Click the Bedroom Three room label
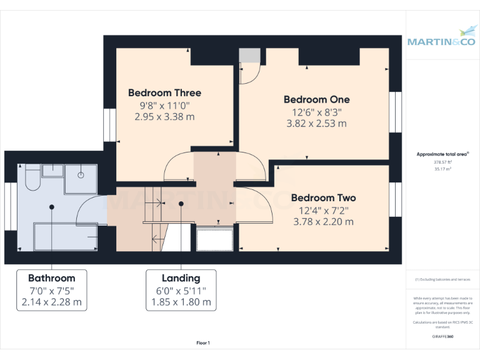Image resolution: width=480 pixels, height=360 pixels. point(164,93)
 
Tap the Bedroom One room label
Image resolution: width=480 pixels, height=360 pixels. point(316,99)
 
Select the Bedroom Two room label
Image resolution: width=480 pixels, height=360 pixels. point(323,198)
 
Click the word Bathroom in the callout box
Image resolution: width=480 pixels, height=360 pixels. point(51,278)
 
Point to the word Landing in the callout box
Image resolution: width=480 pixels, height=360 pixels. point(181,278)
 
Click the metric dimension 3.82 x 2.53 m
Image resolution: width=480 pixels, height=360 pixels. point(316,123)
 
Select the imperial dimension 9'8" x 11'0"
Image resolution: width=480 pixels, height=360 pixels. point(164,105)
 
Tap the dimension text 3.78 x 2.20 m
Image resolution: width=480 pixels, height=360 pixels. point(323,221)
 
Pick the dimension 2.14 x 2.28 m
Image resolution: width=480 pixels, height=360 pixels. point(51,302)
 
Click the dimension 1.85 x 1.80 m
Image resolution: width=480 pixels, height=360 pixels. point(181,302)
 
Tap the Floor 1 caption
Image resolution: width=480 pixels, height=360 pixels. point(203,342)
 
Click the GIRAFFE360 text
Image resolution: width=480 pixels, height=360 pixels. point(442,336)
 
